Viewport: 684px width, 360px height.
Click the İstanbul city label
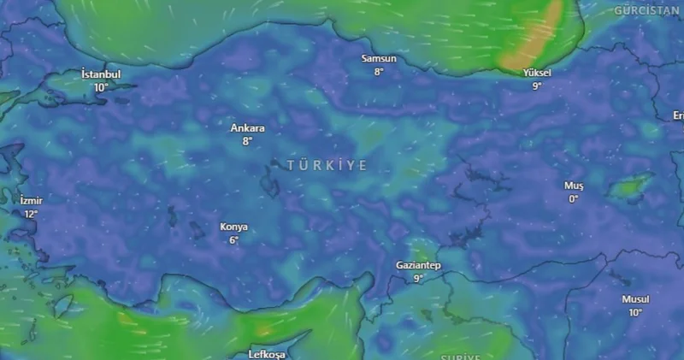[x=101, y=74]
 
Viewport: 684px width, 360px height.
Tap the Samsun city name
[x=379, y=58]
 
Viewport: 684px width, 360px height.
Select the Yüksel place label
[x=537, y=74]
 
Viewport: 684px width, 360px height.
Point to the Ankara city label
[x=247, y=128]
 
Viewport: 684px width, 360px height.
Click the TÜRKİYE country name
[x=327, y=165]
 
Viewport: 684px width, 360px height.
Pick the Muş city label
[x=573, y=186]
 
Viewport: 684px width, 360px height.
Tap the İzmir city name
[x=31, y=200]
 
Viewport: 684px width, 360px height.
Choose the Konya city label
[x=233, y=227]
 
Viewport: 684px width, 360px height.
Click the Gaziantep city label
[x=418, y=265]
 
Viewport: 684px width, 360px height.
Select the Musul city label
[x=635, y=299]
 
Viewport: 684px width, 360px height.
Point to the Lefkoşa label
[x=266, y=353]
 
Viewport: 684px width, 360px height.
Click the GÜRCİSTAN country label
[x=646, y=10]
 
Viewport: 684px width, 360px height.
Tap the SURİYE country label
[x=462, y=357]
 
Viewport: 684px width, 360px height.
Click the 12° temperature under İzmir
[x=31, y=214]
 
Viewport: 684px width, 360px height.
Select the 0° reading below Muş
[x=573, y=199]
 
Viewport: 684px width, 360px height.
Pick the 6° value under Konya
[x=233, y=240]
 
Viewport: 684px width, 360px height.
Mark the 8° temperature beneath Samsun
[x=379, y=72]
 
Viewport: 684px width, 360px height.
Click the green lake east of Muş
[x=631, y=185]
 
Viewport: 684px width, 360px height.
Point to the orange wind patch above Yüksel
[x=537, y=38]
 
